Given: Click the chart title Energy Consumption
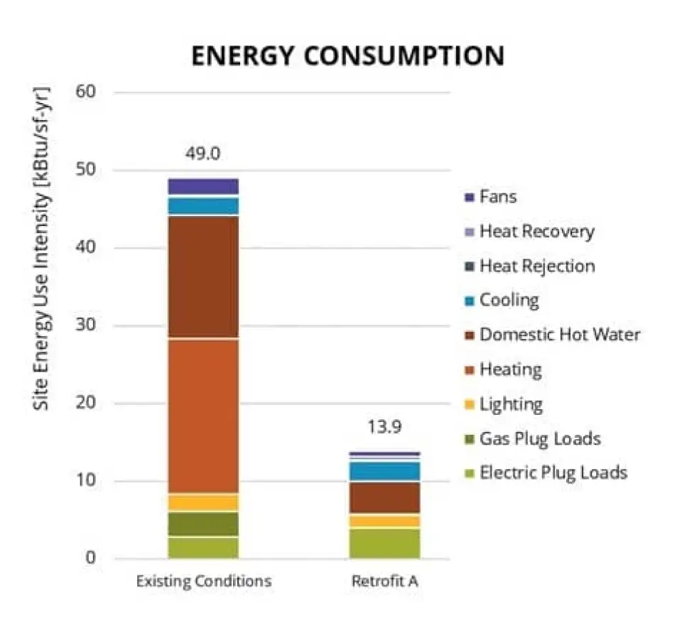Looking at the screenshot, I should click(x=347, y=55).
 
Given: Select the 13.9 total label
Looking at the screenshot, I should click(x=384, y=428).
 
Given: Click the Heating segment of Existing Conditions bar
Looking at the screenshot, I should click(x=203, y=415).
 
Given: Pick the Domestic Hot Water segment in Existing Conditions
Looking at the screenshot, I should click(x=203, y=277).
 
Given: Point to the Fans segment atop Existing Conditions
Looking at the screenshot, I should click(x=203, y=186).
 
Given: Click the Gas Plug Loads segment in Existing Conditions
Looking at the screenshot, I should click(x=203, y=524).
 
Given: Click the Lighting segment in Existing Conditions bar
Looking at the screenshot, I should click(x=203, y=502).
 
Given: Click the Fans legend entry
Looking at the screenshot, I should click(x=497, y=196).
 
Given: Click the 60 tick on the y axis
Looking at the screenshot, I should click(x=95, y=92).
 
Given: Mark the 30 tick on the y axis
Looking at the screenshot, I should click(x=95, y=326).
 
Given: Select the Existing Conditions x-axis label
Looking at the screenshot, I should click(x=203, y=581).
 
